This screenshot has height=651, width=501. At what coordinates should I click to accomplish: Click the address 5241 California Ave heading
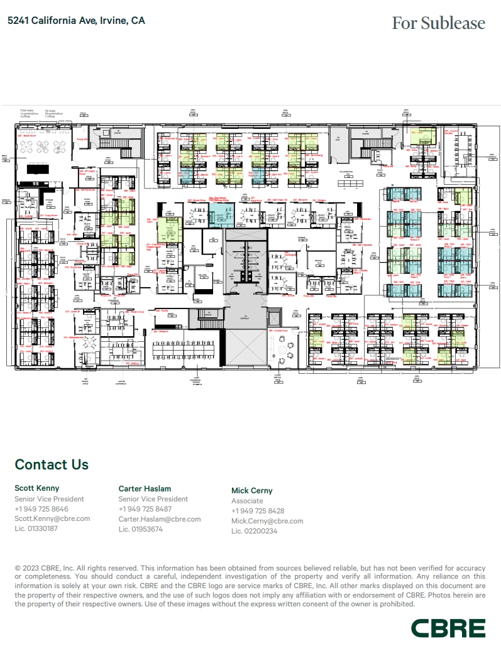pyautogui.click(x=75, y=21)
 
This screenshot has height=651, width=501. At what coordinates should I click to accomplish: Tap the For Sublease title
pyautogui.click(x=438, y=23)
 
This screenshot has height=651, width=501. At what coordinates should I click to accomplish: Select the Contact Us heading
pyautogui.click(x=52, y=464)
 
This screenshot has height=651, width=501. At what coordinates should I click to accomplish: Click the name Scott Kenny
pyautogui.click(x=36, y=488)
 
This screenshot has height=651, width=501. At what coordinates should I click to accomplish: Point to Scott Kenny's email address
pyautogui.click(x=52, y=518)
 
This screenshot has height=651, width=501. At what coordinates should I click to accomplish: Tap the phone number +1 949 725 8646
pyautogui.click(x=41, y=509)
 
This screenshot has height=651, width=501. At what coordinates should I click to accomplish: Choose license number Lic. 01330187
pyautogui.click(x=36, y=528)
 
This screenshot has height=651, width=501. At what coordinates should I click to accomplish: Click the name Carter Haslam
pyautogui.click(x=145, y=488)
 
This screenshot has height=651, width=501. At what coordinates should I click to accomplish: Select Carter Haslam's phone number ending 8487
pyautogui.click(x=145, y=509)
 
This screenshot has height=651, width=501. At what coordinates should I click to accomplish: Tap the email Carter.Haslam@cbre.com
pyautogui.click(x=160, y=519)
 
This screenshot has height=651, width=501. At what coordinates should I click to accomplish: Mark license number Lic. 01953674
pyautogui.click(x=141, y=529)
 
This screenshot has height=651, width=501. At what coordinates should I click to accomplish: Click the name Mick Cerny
pyautogui.click(x=252, y=490)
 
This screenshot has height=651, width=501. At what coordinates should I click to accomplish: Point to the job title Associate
pyautogui.click(x=247, y=501)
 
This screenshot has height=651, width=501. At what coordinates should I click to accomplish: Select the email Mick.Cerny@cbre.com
pyautogui.click(x=267, y=521)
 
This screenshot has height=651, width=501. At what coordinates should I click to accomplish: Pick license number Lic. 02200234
pyautogui.click(x=254, y=531)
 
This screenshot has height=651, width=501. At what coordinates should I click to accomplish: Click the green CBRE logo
pyautogui.click(x=448, y=628)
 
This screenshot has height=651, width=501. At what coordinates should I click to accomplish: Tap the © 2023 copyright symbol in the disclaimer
pyautogui.click(x=18, y=567)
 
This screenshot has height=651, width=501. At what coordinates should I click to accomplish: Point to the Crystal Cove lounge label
pyautogui.click(x=278, y=330)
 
